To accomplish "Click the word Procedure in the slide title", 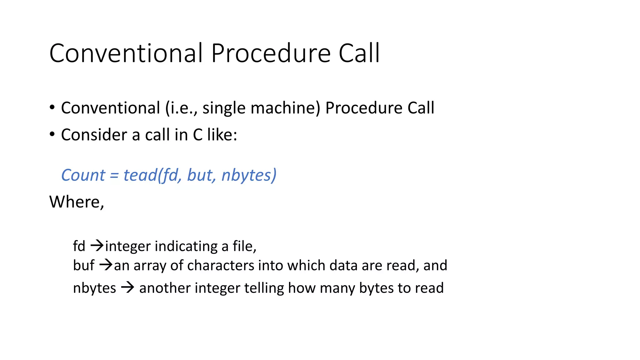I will coord(271,53).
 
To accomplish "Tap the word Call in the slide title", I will coord(359,53).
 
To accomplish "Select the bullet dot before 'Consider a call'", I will coord(52,135).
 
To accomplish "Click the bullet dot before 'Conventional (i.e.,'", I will coord(52,107).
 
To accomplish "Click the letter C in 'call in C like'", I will coord(197,135).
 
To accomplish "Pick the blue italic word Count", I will coord(83,175).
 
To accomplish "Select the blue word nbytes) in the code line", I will coord(249,175).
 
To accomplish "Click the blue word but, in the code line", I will coord(201,175).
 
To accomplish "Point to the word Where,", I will coord(77,202).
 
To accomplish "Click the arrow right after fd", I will coord(97,246).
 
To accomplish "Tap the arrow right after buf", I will coord(106,265).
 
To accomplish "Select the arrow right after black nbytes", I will coord(127,287).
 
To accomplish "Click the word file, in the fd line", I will coord(244,246).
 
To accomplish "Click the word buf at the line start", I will coord(83,265).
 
